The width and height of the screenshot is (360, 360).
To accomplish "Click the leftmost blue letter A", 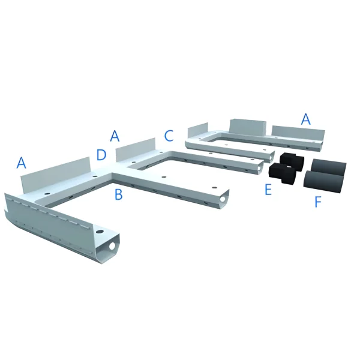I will pyautogui.click(x=22, y=163).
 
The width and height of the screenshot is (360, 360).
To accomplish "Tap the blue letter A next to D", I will pyautogui.click(x=115, y=136).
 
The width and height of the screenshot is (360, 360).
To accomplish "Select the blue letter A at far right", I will pyautogui.click(x=306, y=119).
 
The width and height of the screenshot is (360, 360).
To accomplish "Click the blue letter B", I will pyautogui.click(x=119, y=194).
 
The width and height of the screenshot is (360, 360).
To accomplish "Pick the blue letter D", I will pyautogui.click(x=101, y=156).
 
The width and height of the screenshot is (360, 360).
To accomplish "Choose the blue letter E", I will pyautogui.click(x=268, y=190).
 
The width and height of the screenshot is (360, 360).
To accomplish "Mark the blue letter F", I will pyautogui.click(x=318, y=202).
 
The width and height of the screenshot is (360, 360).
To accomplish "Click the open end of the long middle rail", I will pyautogui.click(x=224, y=197).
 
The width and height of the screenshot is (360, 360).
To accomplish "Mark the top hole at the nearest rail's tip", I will pyautogui.click(x=99, y=230).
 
